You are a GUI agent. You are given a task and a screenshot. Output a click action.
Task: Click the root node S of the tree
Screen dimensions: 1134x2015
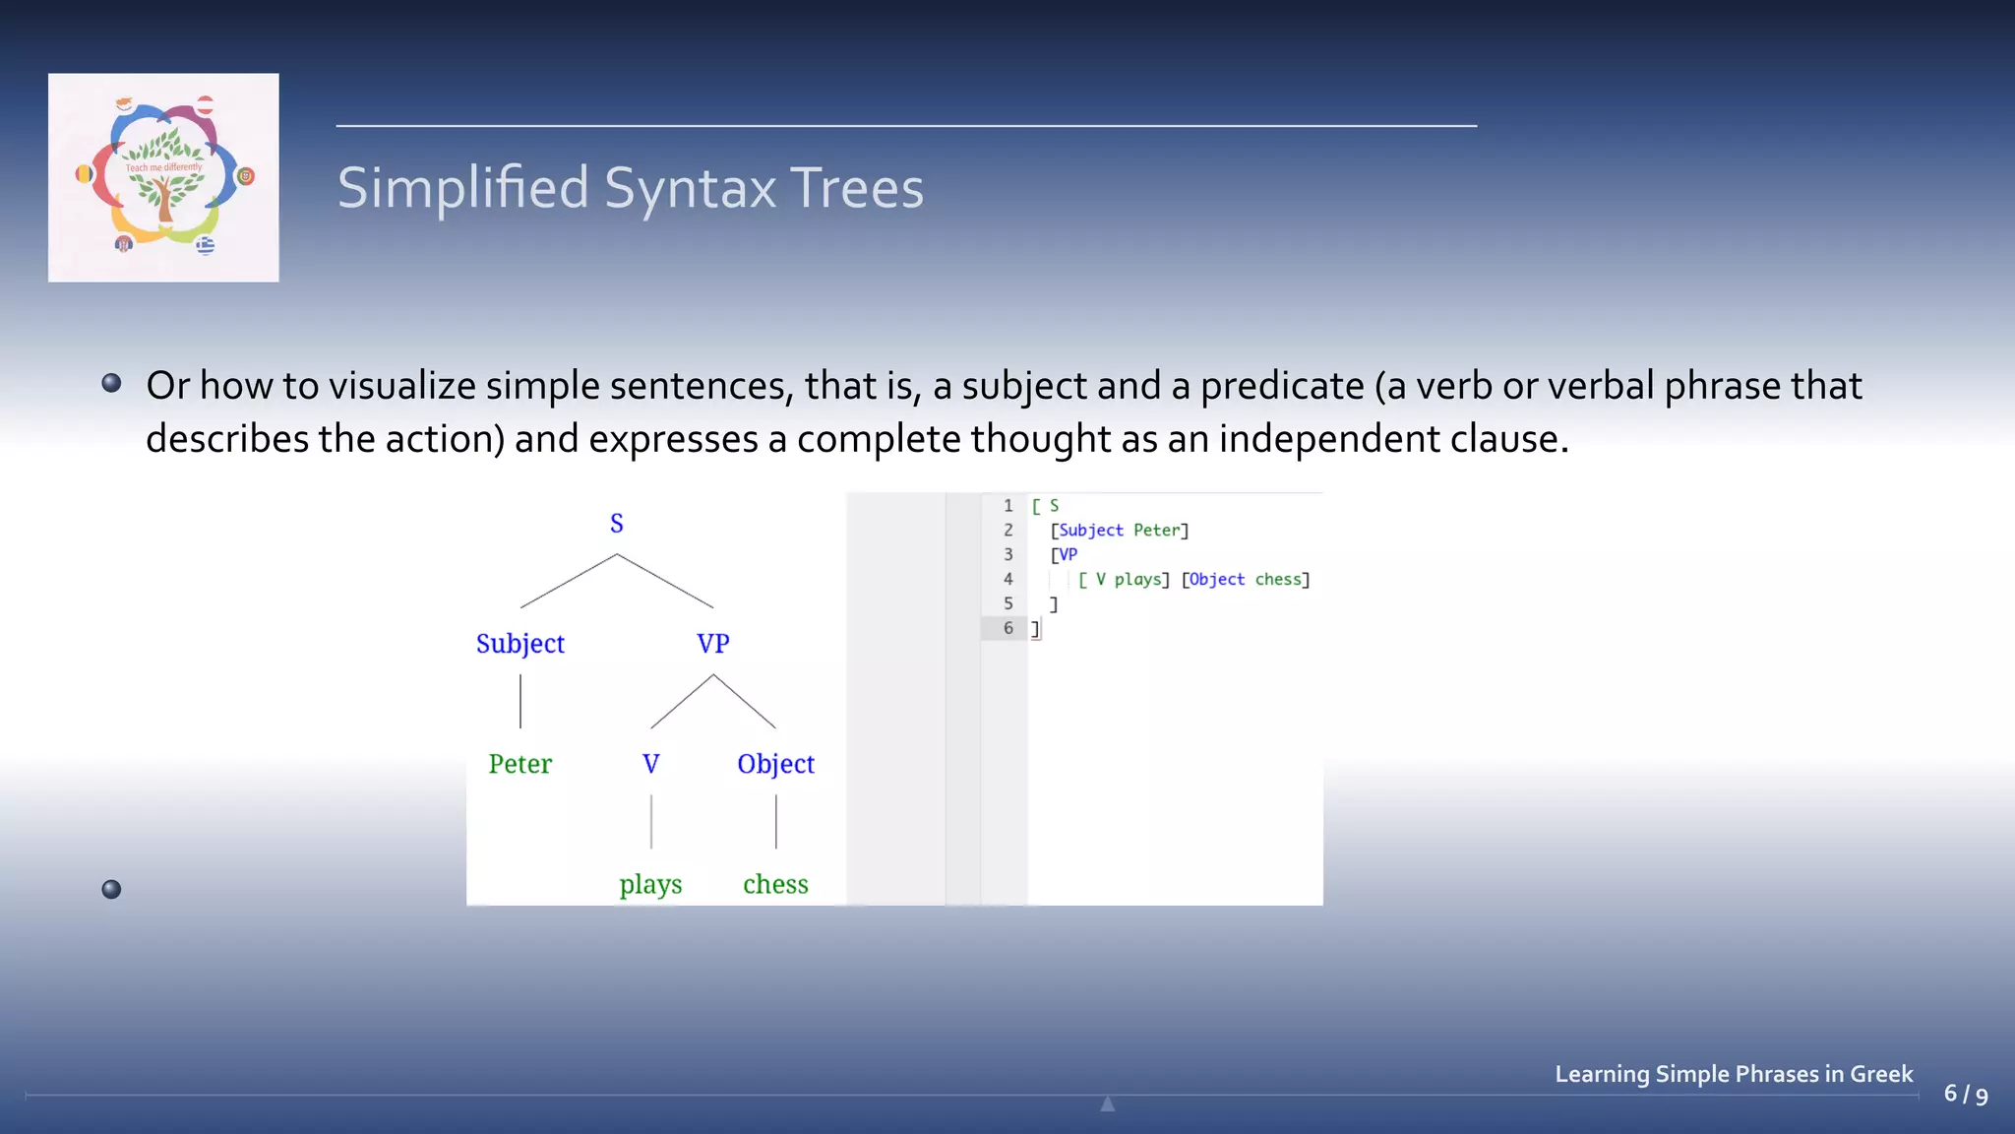click(616, 524)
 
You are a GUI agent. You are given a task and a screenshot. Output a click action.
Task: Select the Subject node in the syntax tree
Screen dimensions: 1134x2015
click(519, 644)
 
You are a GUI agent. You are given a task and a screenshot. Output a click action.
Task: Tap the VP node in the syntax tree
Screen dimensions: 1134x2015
click(712, 644)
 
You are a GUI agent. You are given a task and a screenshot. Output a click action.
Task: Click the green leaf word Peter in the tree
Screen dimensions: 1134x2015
click(519, 764)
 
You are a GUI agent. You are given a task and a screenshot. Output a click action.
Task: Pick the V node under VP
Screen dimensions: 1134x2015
click(650, 764)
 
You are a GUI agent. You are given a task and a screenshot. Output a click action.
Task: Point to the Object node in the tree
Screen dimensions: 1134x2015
click(775, 764)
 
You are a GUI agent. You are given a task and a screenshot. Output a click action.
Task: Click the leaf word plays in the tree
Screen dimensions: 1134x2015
click(650, 884)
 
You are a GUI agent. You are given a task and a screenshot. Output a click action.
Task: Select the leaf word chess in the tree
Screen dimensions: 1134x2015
click(775, 884)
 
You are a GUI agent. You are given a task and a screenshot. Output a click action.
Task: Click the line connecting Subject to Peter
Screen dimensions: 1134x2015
click(520, 702)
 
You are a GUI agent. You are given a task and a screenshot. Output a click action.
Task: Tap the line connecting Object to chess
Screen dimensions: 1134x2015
click(776, 822)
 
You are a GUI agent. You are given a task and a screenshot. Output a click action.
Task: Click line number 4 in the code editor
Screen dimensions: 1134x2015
click(1007, 579)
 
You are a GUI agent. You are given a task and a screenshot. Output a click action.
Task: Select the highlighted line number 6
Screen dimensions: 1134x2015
click(1007, 628)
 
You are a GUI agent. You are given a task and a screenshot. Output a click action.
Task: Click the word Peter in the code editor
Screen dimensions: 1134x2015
click(1156, 531)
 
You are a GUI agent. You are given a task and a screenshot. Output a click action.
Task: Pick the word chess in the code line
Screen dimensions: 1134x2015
click(1278, 580)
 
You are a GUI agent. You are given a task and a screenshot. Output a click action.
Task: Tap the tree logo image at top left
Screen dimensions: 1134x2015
click(163, 177)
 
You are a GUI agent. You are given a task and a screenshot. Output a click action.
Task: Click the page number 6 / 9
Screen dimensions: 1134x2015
click(1965, 1095)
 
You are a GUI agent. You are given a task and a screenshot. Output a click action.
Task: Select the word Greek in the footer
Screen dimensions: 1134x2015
click(1881, 1074)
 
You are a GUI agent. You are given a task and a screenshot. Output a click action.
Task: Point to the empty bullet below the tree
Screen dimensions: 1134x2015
click(111, 890)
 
